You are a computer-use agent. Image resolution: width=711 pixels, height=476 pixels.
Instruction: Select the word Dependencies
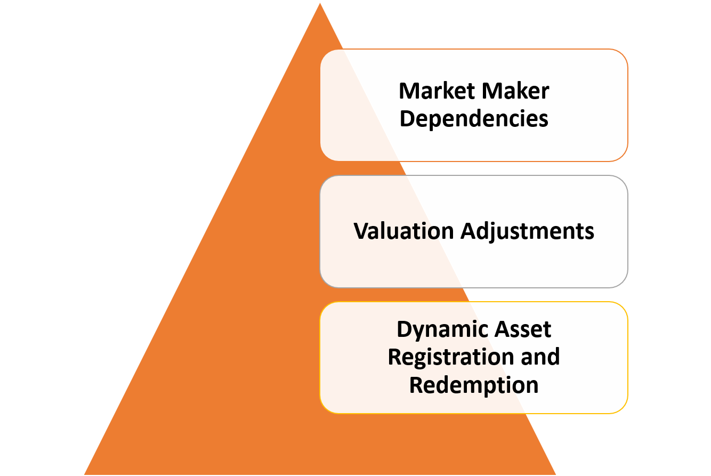(x=474, y=118)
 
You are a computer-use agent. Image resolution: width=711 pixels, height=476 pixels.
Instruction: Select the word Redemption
(x=474, y=384)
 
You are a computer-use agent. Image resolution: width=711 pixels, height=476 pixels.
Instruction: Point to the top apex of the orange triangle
(x=320, y=3)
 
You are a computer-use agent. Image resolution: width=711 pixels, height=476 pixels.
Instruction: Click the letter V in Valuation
(x=361, y=231)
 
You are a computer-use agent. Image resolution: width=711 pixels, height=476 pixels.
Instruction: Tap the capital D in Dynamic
(x=405, y=330)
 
